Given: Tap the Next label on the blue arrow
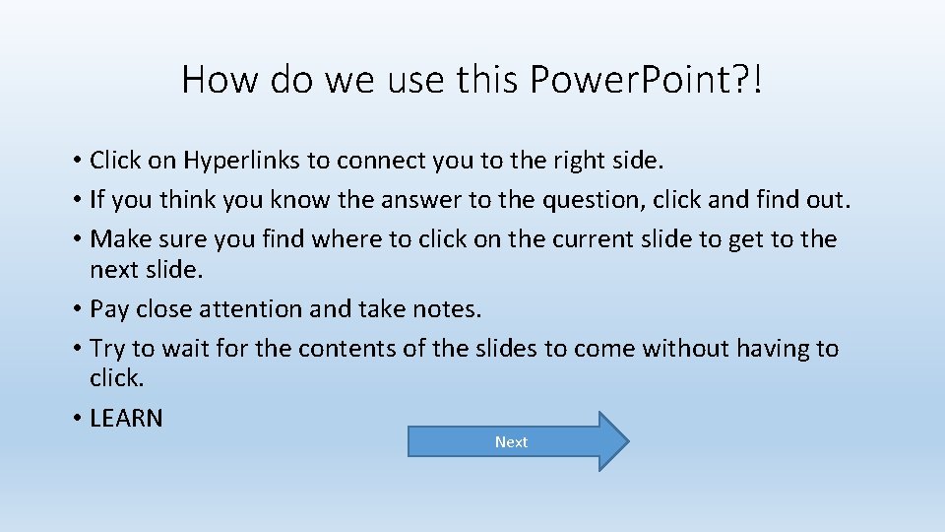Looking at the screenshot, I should pos(511,442).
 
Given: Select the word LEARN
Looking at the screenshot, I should pos(126,418).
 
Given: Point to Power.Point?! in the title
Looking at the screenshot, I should pos(646,80).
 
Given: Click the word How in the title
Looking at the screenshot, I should pos(220,80).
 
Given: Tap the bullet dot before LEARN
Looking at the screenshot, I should pos(76,419).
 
